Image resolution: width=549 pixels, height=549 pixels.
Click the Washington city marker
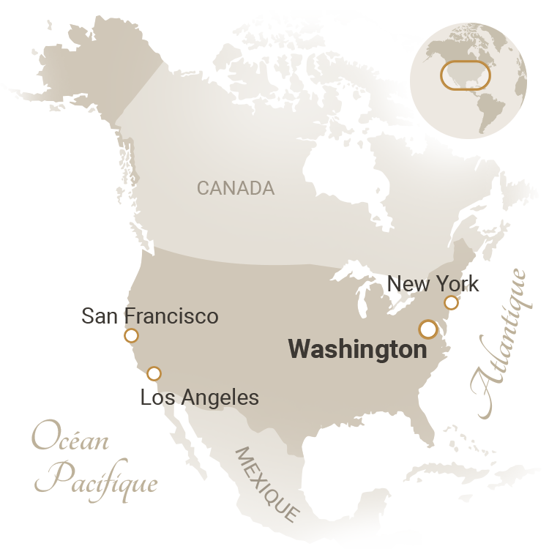coord(428,329)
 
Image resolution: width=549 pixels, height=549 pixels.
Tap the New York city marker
coord(451,302)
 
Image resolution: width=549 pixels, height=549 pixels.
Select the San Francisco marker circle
coord(131,336)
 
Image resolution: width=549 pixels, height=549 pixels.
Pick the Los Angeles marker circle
coord(154,373)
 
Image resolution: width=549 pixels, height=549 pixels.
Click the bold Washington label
coord(357,349)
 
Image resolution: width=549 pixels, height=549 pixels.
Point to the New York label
coord(433,283)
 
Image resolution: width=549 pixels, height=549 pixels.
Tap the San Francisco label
coord(149,316)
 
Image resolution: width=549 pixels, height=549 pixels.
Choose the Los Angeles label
coord(199,397)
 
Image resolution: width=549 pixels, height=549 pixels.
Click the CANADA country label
coord(236,188)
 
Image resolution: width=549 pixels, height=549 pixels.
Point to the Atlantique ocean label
coord(499,344)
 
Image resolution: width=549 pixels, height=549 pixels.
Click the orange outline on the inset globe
coord(465,75)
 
